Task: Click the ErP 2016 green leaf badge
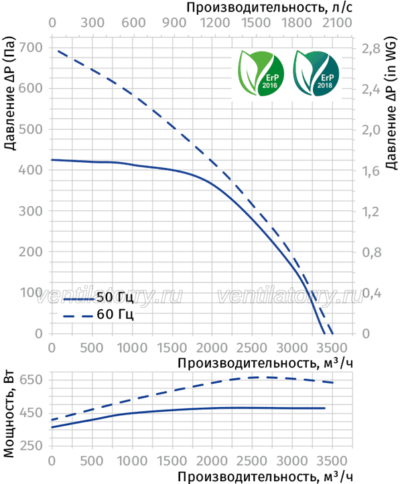(x=261, y=73)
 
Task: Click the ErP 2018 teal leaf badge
(x=316, y=73)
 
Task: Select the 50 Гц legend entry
(x=98, y=297)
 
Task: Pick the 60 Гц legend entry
(x=98, y=315)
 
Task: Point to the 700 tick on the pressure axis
(x=31, y=48)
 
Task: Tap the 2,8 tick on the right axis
(x=371, y=48)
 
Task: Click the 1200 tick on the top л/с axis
(x=215, y=23)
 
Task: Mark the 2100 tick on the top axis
(x=337, y=23)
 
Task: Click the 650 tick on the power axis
(x=31, y=380)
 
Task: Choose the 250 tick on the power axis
(x=31, y=445)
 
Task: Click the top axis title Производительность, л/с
(x=269, y=7)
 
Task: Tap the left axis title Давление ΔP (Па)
(x=10, y=94)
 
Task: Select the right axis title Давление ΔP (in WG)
(x=391, y=102)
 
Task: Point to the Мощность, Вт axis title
(x=9, y=413)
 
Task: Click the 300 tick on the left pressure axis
(x=31, y=211)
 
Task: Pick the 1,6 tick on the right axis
(x=371, y=171)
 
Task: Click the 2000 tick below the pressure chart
(x=212, y=348)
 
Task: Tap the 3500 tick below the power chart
(x=332, y=461)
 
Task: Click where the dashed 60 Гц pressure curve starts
(x=58, y=51)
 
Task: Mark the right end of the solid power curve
(x=325, y=408)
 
